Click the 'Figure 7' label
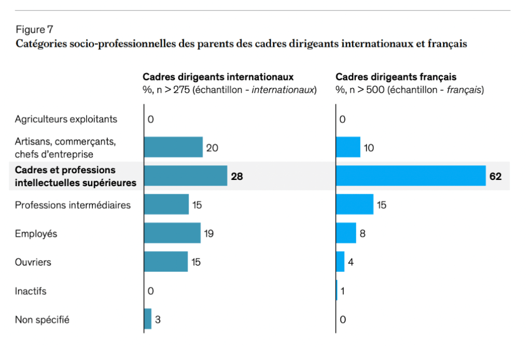[x=34, y=29]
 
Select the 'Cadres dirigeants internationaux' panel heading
[x=218, y=77]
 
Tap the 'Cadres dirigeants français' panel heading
[x=396, y=77]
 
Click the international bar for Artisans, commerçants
[x=173, y=147]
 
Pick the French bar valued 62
[x=411, y=176]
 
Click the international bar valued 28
[x=186, y=176]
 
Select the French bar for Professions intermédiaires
[x=355, y=204]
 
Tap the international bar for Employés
[x=172, y=233]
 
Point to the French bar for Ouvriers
[x=340, y=261]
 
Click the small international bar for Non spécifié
[x=148, y=319]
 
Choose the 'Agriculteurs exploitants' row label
[x=66, y=119]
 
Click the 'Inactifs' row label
[x=31, y=291]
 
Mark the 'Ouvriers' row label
[x=33, y=262]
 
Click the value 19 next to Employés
[x=208, y=233]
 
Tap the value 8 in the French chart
[x=362, y=233]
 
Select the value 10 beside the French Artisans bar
[x=369, y=148]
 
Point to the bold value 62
[x=495, y=176]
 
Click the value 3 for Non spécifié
[x=158, y=319]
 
